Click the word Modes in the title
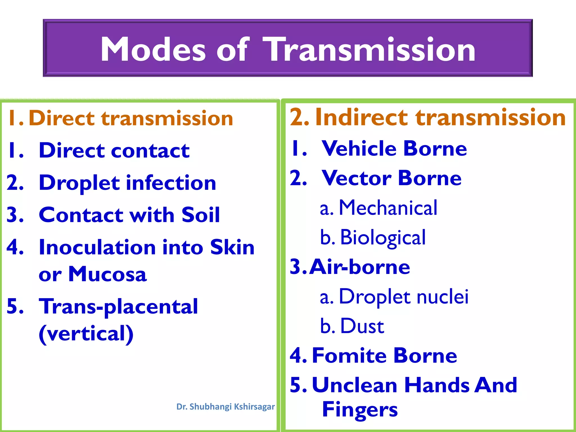click(x=153, y=50)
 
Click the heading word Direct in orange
click(x=62, y=118)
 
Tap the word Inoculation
click(x=97, y=247)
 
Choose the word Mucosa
click(x=107, y=274)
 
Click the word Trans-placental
click(x=118, y=307)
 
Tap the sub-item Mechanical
click(x=388, y=208)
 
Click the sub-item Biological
click(x=383, y=238)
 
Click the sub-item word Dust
click(x=362, y=327)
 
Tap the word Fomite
click(x=349, y=356)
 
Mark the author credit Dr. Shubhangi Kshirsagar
click(x=225, y=407)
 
